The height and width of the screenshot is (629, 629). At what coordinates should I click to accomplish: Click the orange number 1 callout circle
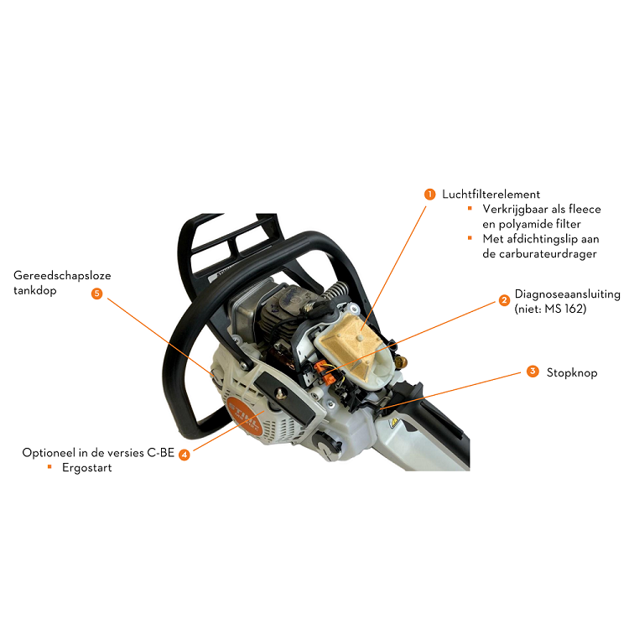[429, 195]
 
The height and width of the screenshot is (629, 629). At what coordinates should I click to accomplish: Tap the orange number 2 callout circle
[504, 300]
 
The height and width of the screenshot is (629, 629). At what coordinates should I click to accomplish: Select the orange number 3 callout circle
[533, 372]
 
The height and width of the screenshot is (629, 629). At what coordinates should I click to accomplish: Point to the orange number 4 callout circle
[185, 455]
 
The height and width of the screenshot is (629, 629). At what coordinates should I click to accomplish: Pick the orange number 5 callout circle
[96, 294]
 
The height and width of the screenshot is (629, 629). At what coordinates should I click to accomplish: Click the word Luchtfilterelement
[491, 195]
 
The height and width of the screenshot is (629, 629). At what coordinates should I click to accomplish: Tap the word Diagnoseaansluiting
[567, 294]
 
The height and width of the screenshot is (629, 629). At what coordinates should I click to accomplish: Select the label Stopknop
[572, 372]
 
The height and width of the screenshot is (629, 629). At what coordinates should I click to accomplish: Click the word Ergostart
[87, 468]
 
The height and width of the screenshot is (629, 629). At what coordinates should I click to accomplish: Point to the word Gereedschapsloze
[62, 276]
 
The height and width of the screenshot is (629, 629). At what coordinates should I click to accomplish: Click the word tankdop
[35, 290]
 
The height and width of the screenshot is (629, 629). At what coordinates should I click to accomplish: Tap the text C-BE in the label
[160, 453]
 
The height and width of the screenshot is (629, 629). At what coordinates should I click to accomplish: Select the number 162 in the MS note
[574, 309]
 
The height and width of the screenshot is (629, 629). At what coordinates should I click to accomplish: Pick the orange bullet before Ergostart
[49, 466]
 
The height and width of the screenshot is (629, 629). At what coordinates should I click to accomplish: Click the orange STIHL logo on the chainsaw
[244, 417]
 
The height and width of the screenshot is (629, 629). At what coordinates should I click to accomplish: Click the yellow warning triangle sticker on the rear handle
[394, 422]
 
